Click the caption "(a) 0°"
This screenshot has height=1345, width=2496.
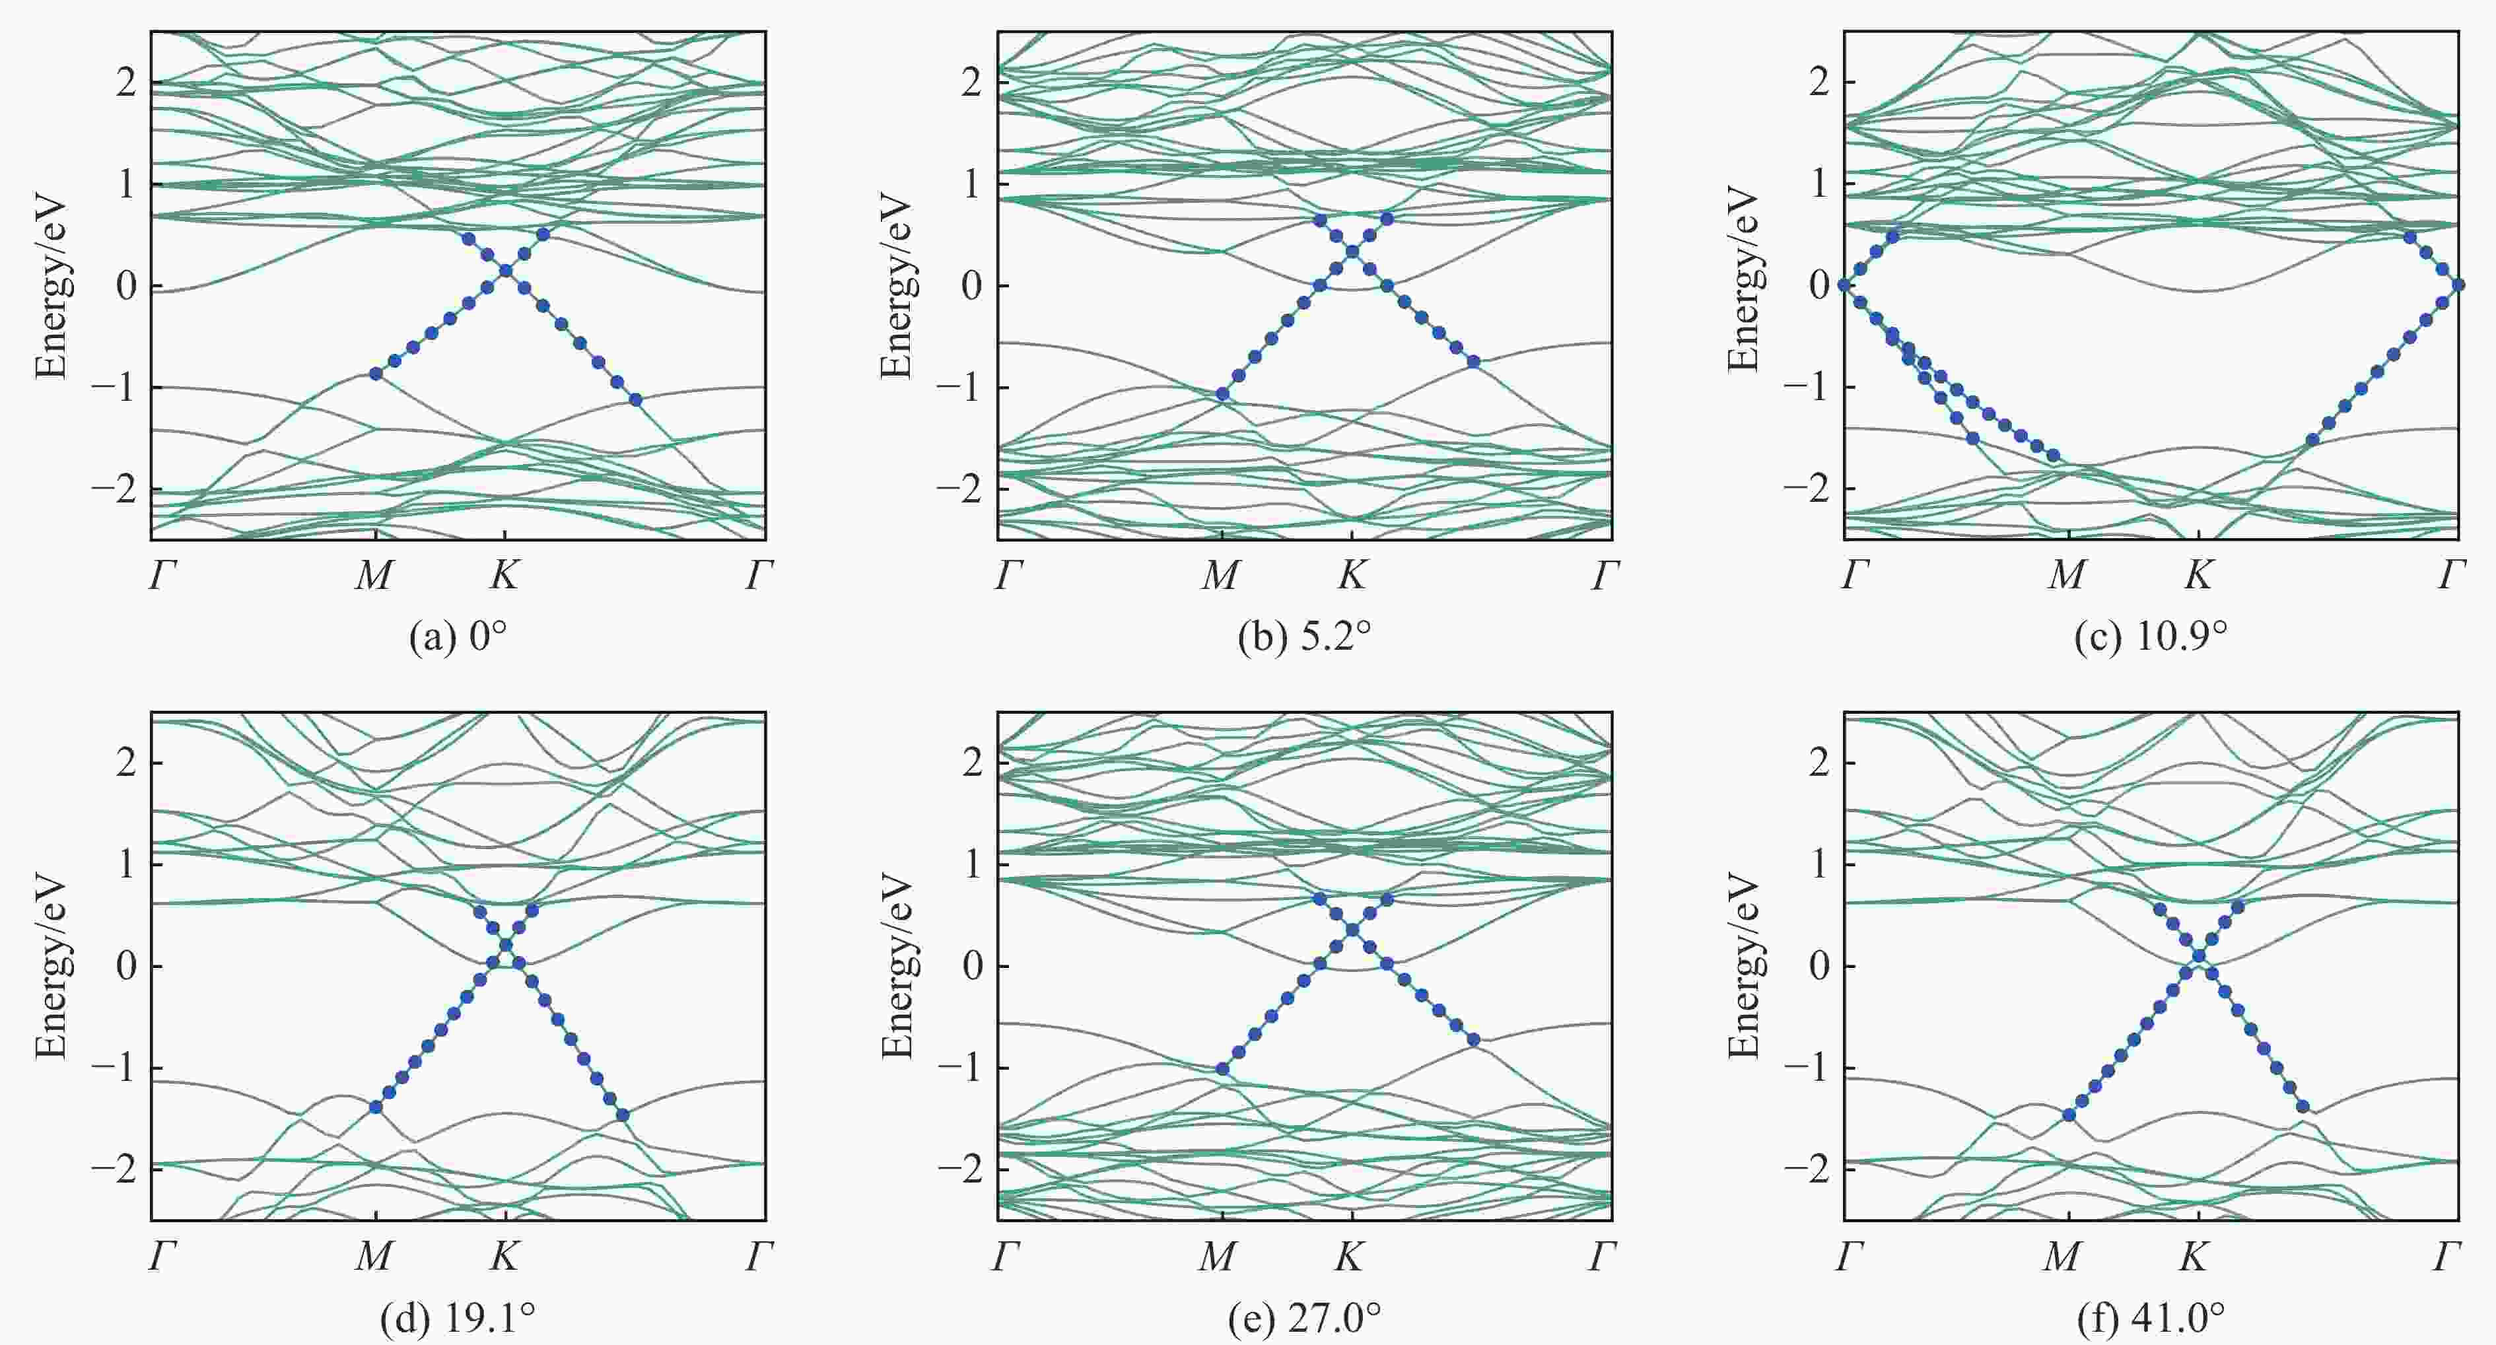(x=458, y=638)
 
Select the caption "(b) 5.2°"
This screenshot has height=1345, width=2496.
(x=1303, y=638)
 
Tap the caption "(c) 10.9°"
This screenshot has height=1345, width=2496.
(x=2150, y=638)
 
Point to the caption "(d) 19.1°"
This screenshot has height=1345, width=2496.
(x=458, y=1318)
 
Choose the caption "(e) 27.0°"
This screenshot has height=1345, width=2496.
(x=1303, y=1318)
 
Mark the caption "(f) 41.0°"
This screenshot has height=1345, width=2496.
(x=2150, y=1318)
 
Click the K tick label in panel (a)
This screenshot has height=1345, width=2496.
(x=504, y=576)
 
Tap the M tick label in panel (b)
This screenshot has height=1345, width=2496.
(x=1220, y=576)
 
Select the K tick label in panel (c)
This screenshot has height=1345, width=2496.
(x=2197, y=576)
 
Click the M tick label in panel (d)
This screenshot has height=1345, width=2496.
(x=374, y=1257)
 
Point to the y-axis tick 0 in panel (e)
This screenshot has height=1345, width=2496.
(x=972, y=966)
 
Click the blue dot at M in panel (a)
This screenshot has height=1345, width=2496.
(x=376, y=373)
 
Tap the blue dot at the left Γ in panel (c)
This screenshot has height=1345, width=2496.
(x=1844, y=285)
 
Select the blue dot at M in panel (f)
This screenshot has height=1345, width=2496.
(x=2069, y=1115)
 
